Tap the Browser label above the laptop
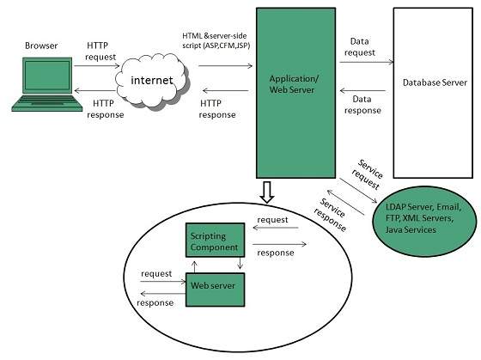point(42,45)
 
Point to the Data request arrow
point(365,61)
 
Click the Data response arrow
point(365,92)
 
